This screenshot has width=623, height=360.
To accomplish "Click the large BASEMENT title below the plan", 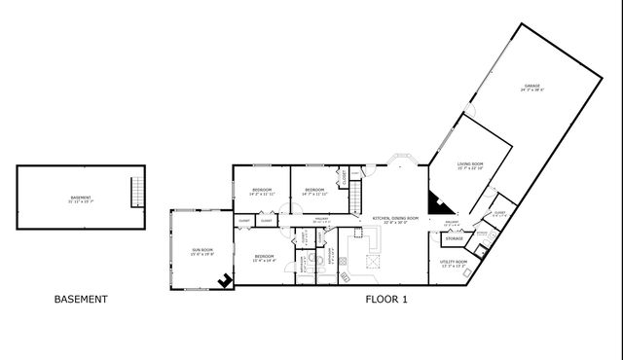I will point(80,300).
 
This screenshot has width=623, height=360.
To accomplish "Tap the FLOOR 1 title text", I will point(386,300).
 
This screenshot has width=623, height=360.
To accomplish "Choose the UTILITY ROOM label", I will point(454,263).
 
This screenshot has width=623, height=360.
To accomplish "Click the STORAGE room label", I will point(454,238).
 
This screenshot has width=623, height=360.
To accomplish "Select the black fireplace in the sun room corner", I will point(226,281).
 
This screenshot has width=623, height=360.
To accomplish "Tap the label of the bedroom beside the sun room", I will point(264,258).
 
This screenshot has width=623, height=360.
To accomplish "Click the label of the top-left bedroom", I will point(262,191).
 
